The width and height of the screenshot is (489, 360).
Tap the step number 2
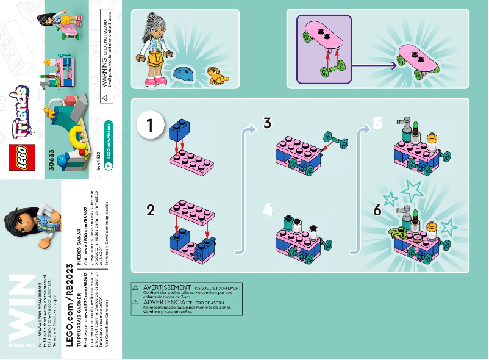pyautogui.click(x=151, y=211)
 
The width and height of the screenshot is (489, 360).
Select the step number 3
pyautogui.click(x=267, y=123)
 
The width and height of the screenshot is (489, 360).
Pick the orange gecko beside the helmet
pyautogui.click(x=215, y=75)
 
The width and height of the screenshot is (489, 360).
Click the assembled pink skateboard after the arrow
pyautogui.click(x=419, y=60)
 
